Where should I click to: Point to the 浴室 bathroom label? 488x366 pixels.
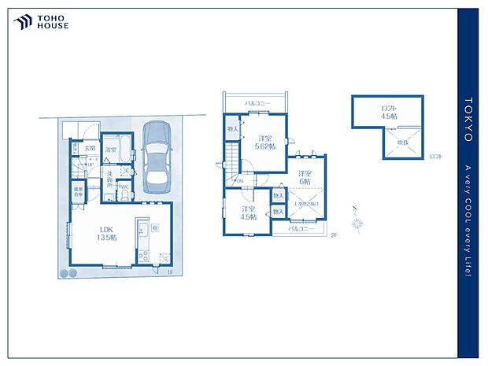pyautogui.click(x=111, y=149)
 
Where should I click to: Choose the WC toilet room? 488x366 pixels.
pyautogui.click(x=124, y=188)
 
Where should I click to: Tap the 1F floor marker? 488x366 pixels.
pyautogui.click(x=168, y=272)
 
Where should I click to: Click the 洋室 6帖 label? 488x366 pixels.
pyautogui.click(x=304, y=177)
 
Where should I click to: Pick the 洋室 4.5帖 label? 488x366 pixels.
pyautogui.click(x=247, y=213)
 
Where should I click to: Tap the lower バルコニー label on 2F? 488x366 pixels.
pyautogui.click(x=301, y=228)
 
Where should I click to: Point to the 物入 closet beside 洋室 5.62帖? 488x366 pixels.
pyautogui.click(x=232, y=128)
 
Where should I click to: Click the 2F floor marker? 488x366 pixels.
pyautogui.click(x=334, y=235)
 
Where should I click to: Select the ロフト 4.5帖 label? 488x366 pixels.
pyautogui.click(x=389, y=111)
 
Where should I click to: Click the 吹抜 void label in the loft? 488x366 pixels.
pyautogui.click(x=402, y=142)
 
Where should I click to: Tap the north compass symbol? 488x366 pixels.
pyautogui.click(x=359, y=220)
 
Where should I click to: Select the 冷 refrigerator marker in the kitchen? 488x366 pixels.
pyautogui.click(x=156, y=227)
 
